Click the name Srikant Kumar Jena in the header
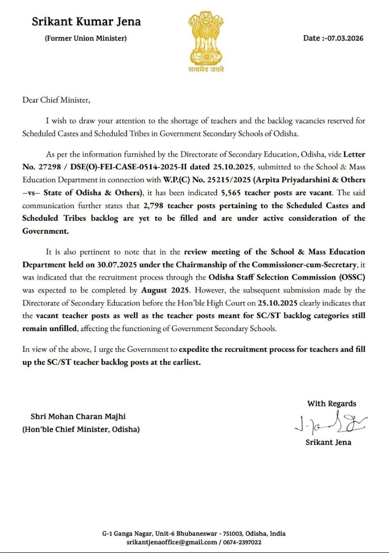(x=86, y=22)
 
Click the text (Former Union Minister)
(x=86, y=38)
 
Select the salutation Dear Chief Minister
(x=57, y=100)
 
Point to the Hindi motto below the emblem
(x=206, y=69)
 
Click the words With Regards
(x=332, y=403)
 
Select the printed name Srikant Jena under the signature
(x=328, y=442)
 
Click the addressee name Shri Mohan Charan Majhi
(x=78, y=417)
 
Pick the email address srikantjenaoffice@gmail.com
(x=172, y=542)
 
